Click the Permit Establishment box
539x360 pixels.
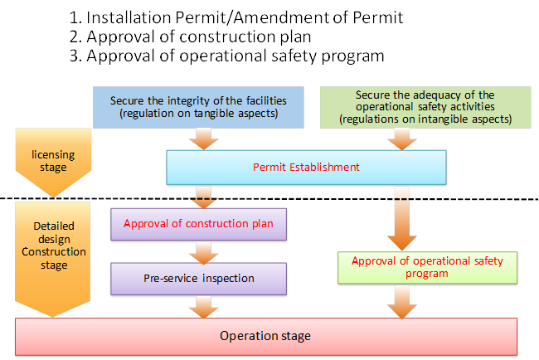click(x=306, y=168)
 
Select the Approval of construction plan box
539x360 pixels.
click(x=199, y=224)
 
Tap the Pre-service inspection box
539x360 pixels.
click(x=199, y=279)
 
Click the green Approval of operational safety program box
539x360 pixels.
click(x=427, y=267)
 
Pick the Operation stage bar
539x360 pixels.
click(x=266, y=336)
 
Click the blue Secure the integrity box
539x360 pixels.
click(x=198, y=107)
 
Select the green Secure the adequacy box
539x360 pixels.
click(x=425, y=107)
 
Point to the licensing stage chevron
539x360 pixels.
click(x=53, y=160)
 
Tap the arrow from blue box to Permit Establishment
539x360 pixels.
click(x=203, y=139)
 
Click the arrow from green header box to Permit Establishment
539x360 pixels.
click(x=402, y=139)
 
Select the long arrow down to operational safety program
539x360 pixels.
click(x=402, y=218)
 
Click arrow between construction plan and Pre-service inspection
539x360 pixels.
click(x=203, y=253)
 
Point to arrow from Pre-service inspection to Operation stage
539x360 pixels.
click(x=203, y=308)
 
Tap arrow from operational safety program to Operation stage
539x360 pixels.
click(x=402, y=303)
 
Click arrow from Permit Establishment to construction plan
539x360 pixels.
click(x=203, y=197)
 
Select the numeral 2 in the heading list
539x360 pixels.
click(x=74, y=36)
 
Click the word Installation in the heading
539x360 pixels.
click(x=129, y=17)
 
